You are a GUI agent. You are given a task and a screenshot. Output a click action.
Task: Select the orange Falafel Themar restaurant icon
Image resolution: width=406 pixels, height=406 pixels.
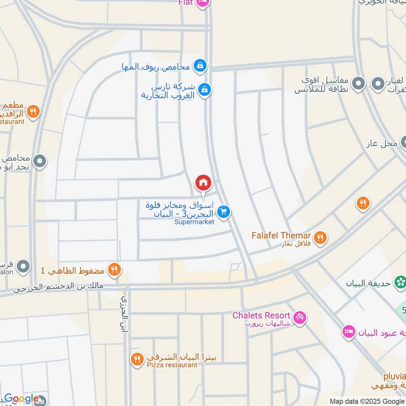[x=320, y=237]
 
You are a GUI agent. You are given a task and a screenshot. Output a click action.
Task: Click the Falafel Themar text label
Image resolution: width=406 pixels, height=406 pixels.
[x=281, y=235]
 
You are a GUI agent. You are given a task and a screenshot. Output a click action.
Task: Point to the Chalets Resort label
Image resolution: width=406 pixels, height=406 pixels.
[x=261, y=315]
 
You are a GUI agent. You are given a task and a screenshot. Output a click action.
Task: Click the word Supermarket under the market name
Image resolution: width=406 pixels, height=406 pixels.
[x=194, y=222]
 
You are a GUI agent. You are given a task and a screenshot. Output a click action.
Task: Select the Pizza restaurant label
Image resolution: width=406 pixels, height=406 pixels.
[x=172, y=364]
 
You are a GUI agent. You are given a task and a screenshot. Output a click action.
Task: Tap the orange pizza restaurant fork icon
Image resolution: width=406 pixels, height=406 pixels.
[x=137, y=359]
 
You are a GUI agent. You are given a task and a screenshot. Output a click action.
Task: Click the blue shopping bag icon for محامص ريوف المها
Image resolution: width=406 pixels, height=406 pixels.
[x=200, y=65]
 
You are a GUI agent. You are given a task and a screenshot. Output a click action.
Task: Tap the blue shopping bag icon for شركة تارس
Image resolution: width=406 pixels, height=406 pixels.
[x=204, y=89]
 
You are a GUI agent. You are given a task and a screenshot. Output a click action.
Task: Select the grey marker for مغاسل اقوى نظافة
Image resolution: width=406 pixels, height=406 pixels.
[x=359, y=83]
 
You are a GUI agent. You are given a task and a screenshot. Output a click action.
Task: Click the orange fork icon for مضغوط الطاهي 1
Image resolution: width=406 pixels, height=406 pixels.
[x=115, y=269]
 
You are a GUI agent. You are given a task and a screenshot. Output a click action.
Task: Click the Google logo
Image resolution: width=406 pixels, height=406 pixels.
[x=21, y=399]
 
